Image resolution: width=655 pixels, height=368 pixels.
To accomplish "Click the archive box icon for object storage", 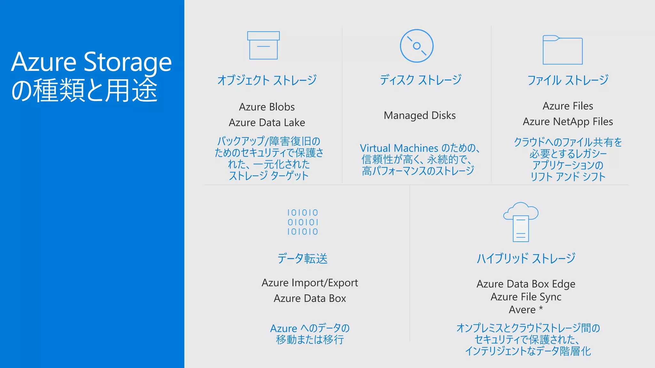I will point(263,45).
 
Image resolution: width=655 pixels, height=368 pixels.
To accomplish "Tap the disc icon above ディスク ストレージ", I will point(416,46).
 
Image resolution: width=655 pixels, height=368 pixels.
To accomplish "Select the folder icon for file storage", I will point(563,50).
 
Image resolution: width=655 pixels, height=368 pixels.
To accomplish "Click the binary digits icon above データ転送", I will point(303,222).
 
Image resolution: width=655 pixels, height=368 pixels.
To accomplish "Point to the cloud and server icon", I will point(521,222).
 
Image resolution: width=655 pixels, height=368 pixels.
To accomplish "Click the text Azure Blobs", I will point(267,107).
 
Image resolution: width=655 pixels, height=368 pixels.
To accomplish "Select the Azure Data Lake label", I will point(267,122).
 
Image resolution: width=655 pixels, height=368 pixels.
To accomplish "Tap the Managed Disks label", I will point(420,115).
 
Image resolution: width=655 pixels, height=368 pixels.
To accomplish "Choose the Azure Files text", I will point(568,106).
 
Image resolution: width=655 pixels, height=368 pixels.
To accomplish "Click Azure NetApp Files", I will point(568,121).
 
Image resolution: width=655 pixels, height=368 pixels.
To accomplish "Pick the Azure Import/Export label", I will point(310,283).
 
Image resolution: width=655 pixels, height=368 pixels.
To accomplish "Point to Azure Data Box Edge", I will point(526,284).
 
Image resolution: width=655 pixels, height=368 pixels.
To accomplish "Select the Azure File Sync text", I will point(526,297).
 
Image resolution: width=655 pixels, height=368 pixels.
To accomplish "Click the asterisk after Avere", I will point(541,309).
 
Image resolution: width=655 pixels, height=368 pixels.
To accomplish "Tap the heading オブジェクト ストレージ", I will point(267,80).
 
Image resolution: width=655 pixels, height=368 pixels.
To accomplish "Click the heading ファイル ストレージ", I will point(568,80).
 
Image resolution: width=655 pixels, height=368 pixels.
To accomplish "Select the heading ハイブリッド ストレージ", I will point(526,258).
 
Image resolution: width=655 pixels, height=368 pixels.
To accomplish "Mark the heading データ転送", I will point(303,258).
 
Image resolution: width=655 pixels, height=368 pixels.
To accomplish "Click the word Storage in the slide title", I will point(128,62).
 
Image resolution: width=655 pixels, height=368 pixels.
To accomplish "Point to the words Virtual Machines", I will point(399,148).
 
